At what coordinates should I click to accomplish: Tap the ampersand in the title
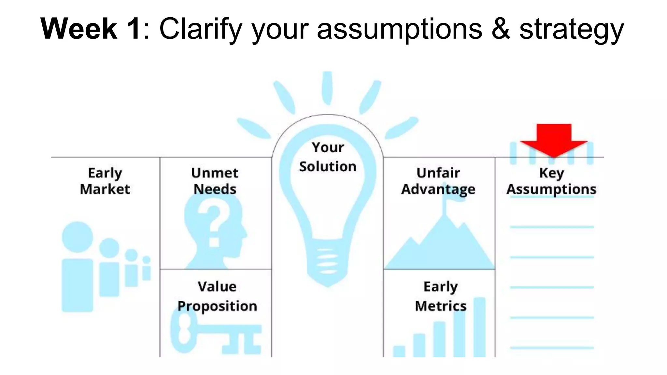point(500,29)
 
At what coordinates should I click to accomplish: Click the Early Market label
point(105,181)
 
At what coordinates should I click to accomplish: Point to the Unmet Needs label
point(215,181)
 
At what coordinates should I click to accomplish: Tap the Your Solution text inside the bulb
point(328,157)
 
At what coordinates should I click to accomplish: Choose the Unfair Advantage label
point(438,181)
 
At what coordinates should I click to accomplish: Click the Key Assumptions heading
point(551,181)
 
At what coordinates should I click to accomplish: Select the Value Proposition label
point(217,296)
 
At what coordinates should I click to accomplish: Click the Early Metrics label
point(441,296)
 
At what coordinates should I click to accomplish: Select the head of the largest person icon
point(78,237)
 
